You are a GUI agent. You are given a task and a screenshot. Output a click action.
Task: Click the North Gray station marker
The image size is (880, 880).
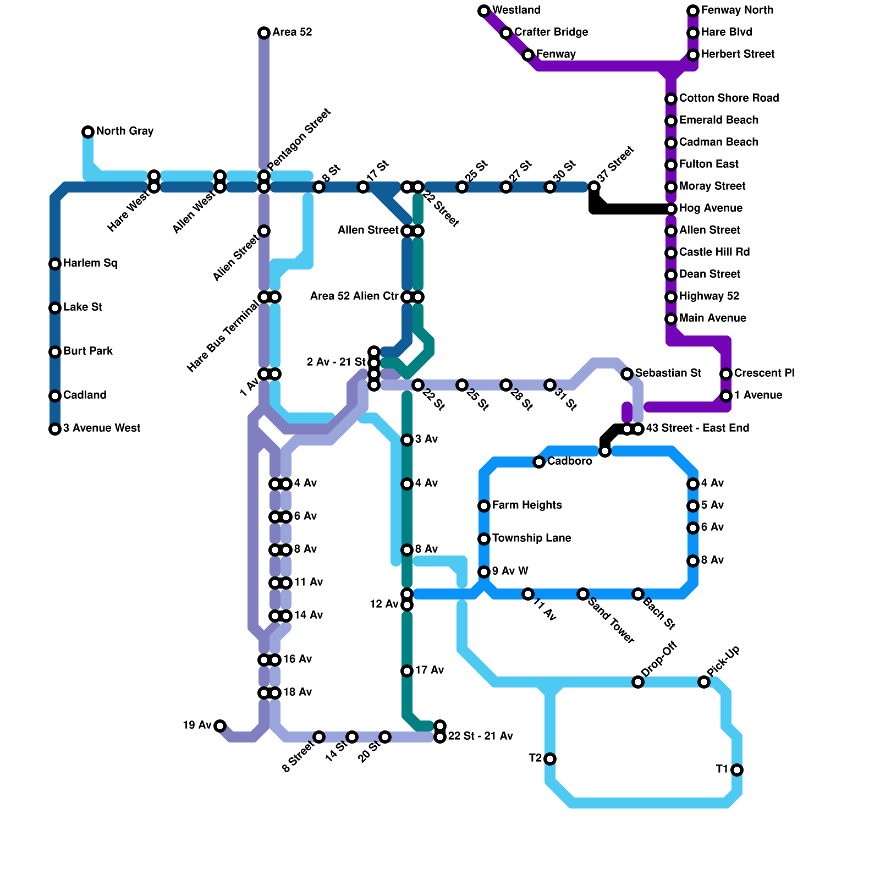point(88,132)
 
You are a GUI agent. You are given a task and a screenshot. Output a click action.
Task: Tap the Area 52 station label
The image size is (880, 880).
point(292,32)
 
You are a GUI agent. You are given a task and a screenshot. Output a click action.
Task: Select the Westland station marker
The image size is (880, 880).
point(484,11)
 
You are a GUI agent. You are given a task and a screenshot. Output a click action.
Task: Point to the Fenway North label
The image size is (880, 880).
point(737,10)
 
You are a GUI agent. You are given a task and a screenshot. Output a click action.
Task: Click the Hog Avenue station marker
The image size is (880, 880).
point(671,209)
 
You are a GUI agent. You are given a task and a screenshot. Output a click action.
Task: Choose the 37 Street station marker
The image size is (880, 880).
point(594,187)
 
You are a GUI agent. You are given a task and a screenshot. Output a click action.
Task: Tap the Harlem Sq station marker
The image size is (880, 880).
point(55,264)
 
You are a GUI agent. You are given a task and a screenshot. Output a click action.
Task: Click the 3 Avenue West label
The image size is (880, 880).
point(102,428)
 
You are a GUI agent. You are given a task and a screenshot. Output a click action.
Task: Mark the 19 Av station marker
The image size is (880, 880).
point(220,726)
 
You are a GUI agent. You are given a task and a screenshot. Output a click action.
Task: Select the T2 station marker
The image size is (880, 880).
point(550,759)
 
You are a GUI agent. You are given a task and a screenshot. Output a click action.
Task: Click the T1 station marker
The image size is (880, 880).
point(737,770)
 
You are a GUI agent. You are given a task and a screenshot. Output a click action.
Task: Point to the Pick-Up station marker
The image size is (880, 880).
point(704,682)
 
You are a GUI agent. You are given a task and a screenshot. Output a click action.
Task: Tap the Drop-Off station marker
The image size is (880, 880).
point(638,682)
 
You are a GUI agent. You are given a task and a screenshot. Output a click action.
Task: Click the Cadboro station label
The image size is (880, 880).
point(569,461)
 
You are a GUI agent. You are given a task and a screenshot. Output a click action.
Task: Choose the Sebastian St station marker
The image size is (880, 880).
point(627,374)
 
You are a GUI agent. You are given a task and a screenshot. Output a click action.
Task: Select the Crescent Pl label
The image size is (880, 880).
point(764,373)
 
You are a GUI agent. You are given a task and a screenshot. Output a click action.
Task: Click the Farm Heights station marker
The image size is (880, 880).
point(484,506)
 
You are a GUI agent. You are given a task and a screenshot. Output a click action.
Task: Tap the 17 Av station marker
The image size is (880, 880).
point(407,671)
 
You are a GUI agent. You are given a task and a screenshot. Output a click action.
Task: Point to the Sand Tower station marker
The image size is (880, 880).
point(583,594)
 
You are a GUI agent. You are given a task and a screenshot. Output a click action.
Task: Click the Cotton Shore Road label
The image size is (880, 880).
point(729,98)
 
